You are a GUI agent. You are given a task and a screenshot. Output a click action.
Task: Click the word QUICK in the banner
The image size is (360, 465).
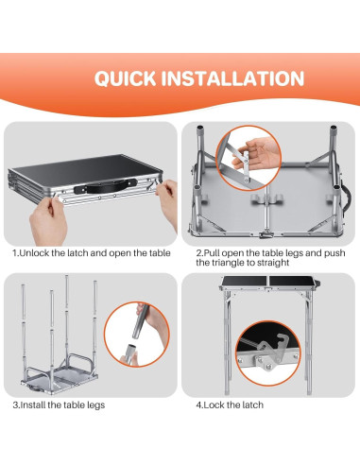pos(126,78)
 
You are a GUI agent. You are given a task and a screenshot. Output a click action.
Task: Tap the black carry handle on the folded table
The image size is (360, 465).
pos(106,186)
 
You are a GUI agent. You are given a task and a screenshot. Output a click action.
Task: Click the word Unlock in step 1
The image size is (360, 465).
pos(34,253)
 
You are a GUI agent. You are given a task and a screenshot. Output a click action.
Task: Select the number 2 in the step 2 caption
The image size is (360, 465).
pos(198,253)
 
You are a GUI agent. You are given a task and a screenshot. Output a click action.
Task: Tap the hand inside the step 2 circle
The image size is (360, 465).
pos(257,153)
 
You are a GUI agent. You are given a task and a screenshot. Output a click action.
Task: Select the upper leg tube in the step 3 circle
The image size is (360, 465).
pos(140,320)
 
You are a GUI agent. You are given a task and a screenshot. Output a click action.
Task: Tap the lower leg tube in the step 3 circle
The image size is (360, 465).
pos(130,354)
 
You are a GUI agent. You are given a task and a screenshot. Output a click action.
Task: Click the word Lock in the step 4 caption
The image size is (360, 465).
pos(214,405)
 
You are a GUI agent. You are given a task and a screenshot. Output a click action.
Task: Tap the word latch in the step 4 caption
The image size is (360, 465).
pos(251,405)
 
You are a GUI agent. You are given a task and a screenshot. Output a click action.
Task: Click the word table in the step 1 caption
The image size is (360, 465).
pos(159,253)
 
